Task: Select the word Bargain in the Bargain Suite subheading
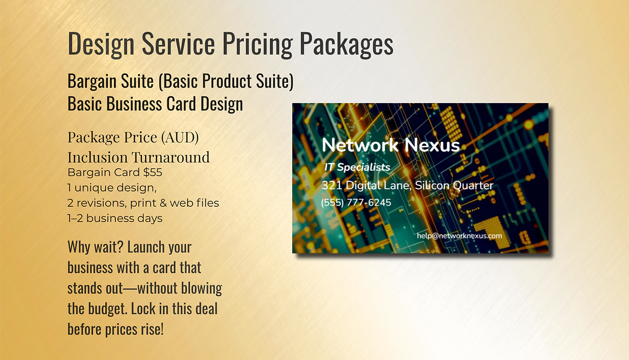pyautogui.click(x=92, y=81)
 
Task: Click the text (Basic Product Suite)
pyautogui.click(x=226, y=81)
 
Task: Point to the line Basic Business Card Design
pyautogui.click(x=155, y=103)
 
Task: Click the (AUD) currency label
pyautogui.click(x=180, y=137)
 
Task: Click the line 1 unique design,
pyautogui.click(x=112, y=188)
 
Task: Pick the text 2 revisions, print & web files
pyautogui.click(x=143, y=203)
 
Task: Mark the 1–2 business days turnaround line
pyautogui.click(x=115, y=218)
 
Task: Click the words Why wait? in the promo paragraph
pyautogui.click(x=95, y=247)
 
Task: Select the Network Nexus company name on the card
pyautogui.click(x=391, y=145)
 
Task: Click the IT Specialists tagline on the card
pyautogui.click(x=357, y=167)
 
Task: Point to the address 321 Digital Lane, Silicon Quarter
pyautogui.click(x=407, y=186)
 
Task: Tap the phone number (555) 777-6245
pyautogui.click(x=356, y=203)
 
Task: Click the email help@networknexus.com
pyautogui.click(x=459, y=236)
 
